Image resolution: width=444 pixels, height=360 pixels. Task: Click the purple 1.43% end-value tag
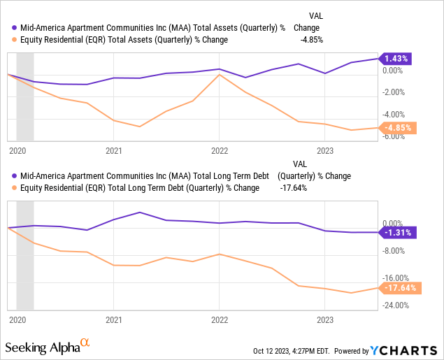396,59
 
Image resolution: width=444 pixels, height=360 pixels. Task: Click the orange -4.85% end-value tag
396,128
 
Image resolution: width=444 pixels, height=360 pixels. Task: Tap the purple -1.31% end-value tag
396,232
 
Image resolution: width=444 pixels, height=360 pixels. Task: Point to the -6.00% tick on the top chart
395,136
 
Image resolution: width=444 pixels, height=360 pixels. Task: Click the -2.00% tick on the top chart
395,92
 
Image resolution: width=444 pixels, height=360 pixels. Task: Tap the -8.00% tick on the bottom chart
395,250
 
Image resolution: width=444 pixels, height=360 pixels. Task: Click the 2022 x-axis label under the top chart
220,150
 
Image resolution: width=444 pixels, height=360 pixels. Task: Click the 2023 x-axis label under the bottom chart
325,319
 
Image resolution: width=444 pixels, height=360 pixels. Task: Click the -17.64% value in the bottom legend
294,188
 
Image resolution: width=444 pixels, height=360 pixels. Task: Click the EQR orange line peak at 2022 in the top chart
220,75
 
